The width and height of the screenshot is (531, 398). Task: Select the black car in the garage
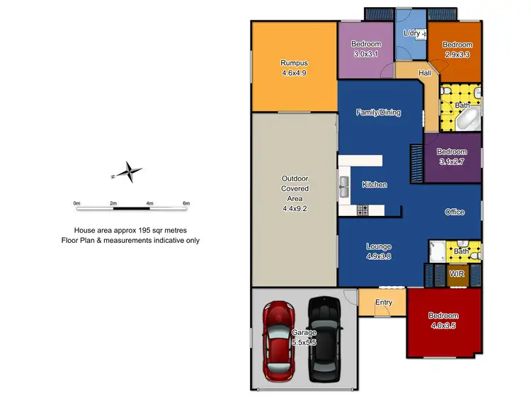(325, 340)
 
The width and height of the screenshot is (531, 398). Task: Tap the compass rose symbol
(130, 172)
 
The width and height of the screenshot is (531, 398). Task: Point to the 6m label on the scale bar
(186, 203)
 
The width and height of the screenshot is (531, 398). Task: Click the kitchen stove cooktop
(362, 210)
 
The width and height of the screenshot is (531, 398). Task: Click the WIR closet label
(457, 273)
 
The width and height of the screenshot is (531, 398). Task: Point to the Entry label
(384, 302)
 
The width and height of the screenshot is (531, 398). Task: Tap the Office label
(455, 212)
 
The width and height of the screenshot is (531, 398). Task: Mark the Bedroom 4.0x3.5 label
(443, 320)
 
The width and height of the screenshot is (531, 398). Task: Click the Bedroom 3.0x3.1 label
(365, 48)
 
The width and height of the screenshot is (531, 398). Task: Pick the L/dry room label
(411, 33)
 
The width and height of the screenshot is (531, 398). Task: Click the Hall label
(425, 73)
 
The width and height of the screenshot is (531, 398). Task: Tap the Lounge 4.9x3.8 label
(378, 251)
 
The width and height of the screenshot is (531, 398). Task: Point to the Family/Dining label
(378, 112)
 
